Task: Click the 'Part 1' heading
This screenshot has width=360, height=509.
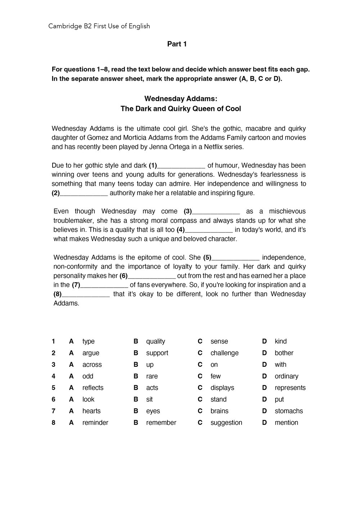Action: [177, 44]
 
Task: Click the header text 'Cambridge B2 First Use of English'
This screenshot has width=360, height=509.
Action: [99, 26]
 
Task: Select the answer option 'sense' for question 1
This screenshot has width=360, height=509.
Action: [219, 341]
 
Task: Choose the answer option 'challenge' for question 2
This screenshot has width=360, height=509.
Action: [224, 353]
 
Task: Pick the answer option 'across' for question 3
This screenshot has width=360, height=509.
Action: [92, 365]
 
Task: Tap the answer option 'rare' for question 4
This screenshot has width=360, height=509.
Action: [152, 376]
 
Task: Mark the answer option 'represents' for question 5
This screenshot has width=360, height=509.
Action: [290, 388]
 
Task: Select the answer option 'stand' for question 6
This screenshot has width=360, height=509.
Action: [218, 399]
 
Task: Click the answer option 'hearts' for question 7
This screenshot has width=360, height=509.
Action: [91, 411]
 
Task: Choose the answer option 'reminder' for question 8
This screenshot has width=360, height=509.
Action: [95, 423]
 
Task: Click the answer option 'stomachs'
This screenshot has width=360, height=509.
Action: [288, 411]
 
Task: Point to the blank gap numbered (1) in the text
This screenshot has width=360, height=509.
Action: [181, 166]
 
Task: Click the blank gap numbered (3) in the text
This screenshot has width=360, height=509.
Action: [216, 211]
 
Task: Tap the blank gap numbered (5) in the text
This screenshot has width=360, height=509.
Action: [235, 257]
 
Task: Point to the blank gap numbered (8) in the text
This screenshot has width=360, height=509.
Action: [86, 294]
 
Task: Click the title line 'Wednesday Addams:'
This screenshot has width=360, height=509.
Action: [181, 99]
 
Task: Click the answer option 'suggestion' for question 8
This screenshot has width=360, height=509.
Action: [226, 423]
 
